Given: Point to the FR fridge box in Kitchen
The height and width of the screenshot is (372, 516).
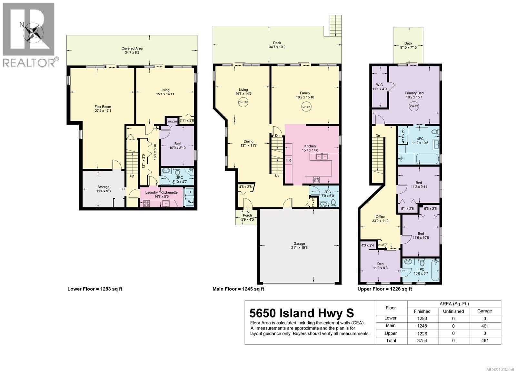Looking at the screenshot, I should coord(288,160).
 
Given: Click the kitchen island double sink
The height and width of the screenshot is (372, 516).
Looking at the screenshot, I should coord(320,157).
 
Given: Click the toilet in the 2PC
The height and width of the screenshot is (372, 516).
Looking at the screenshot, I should coord(333,203).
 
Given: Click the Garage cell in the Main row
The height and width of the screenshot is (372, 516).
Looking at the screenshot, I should coord(484,326).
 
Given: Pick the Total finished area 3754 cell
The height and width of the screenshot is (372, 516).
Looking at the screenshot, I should coord(422,340).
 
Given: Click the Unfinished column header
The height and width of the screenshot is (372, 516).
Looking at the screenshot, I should coord(453,311).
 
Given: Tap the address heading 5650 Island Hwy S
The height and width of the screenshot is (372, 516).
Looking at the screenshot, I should coord(302,313).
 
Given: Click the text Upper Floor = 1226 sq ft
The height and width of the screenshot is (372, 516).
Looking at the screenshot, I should coord(384,289).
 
